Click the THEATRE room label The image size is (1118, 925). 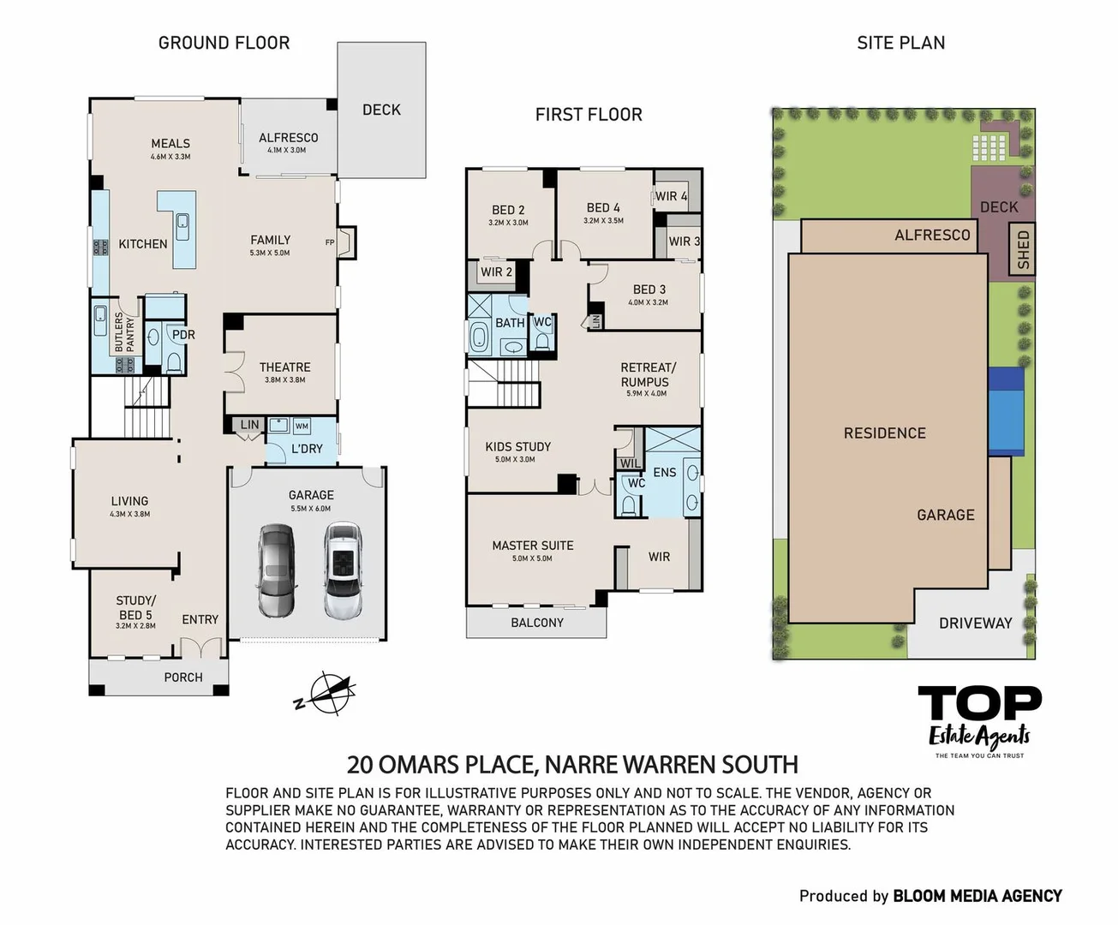284,367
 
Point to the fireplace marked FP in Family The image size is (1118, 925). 345,242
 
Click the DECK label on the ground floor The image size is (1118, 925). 381,110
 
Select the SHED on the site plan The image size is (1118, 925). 1022,249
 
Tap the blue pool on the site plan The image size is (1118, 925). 1006,411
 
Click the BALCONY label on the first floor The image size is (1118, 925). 537,623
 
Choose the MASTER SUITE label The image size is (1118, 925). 532,546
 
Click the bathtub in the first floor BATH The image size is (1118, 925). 478,337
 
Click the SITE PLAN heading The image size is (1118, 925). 900,43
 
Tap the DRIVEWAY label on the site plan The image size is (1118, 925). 975,624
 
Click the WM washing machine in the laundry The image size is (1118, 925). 302,426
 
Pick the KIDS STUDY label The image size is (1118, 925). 517,447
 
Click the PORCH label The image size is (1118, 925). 183,677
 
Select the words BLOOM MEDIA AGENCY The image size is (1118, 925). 977,896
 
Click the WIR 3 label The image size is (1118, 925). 684,242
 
